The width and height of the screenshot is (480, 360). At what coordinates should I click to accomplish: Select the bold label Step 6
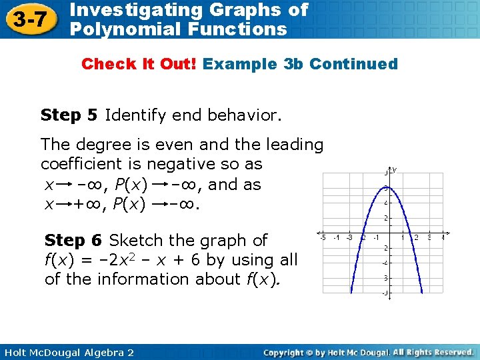(x=73, y=240)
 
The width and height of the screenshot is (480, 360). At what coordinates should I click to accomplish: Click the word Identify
(x=135, y=115)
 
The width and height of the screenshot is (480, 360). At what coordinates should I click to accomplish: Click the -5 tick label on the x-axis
(x=323, y=237)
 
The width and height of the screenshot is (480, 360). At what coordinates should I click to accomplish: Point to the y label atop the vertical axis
(x=394, y=170)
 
